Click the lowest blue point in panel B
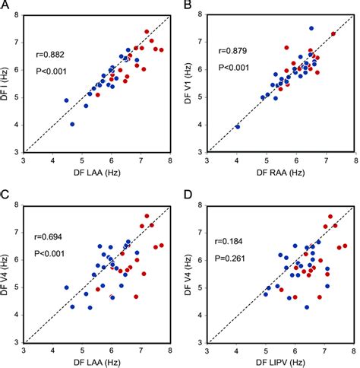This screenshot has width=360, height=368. pyautogui.click(x=238, y=127)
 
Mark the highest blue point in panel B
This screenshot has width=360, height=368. pyautogui.click(x=311, y=28)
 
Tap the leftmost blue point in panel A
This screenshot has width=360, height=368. pyautogui.click(x=66, y=100)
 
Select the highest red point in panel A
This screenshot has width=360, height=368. pyautogui.click(x=147, y=32)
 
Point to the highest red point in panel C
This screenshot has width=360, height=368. pyautogui.click(x=147, y=216)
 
